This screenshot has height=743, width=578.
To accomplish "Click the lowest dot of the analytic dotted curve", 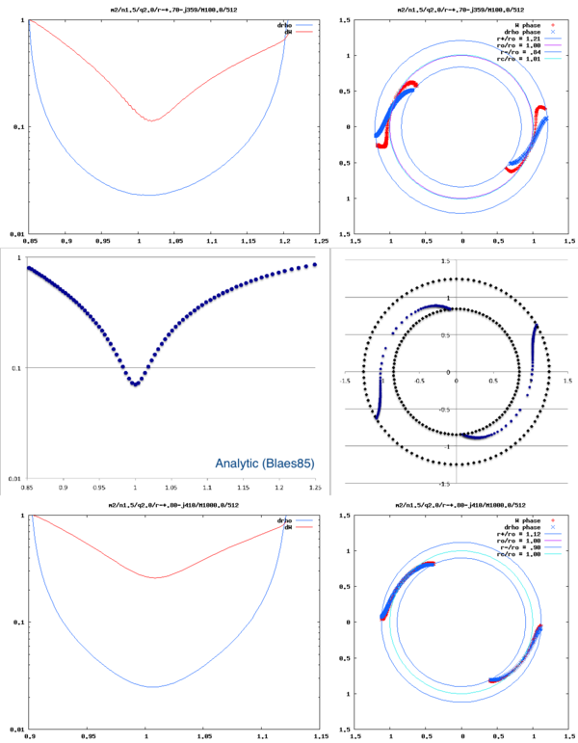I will pos(136,384).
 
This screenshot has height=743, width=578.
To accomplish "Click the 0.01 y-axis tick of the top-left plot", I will pos(14,234).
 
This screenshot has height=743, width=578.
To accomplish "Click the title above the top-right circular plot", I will pos(462,8).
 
